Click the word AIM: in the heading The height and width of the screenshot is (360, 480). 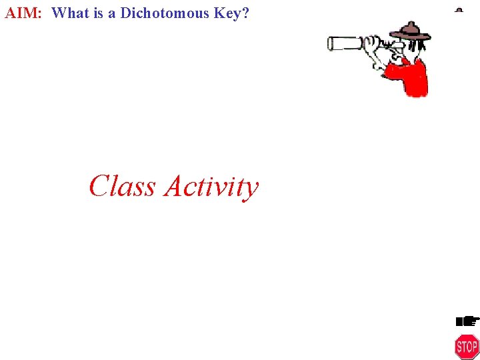(x=23, y=12)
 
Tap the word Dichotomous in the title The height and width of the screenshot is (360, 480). (x=163, y=12)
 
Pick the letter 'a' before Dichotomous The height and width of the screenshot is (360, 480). (x=112, y=13)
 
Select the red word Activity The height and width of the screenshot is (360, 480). (x=211, y=187)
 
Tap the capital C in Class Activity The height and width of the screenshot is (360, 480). (x=99, y=186)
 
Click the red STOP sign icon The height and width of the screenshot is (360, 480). (x=467, y=347)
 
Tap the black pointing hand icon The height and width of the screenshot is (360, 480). (x=467, y=321)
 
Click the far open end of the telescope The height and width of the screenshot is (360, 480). (x=330, y=44)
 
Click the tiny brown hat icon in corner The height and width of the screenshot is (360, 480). (x=459, y=10)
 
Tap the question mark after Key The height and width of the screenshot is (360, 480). (x=245, y=12)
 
